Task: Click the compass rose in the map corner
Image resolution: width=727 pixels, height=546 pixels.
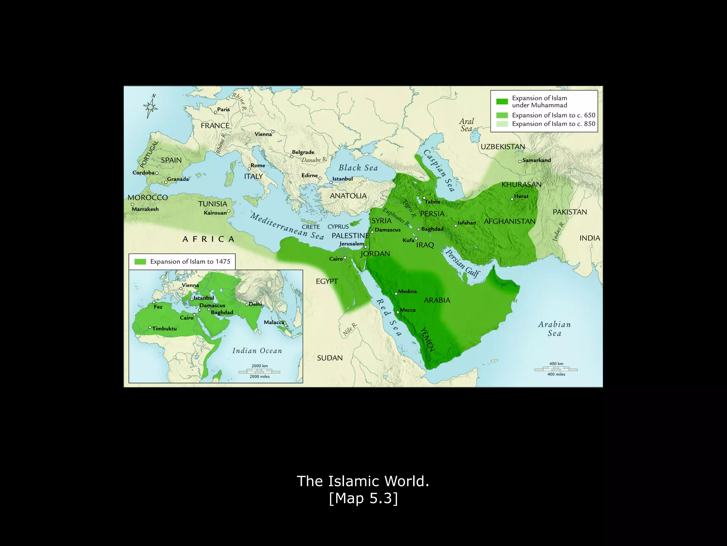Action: click(x=151, y=106)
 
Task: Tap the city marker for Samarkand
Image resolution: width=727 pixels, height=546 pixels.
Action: click(x=520, y=161)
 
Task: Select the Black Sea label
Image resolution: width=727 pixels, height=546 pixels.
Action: click(x=358, y=168)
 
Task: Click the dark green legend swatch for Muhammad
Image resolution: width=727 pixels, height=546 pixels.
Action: click(x=502, y=102)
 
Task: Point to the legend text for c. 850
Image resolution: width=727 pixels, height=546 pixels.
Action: click(x=553, y=124)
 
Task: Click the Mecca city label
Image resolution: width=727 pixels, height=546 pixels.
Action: click(x=408, y=310)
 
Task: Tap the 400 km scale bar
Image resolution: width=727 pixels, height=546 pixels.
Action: click(x=556, y=369)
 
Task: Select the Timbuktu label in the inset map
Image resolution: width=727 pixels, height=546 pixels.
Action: click(x=164, y=328)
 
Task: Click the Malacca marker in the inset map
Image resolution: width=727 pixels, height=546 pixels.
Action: click(x=285, y=325)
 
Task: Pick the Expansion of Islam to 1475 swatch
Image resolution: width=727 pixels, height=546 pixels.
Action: click(x=140, y=262)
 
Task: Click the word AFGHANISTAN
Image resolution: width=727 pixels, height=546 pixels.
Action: click(x=509, y=221)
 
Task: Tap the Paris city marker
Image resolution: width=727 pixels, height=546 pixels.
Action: click(x=215, y=112)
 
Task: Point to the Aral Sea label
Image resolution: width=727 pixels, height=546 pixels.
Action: click(x=466, y=125)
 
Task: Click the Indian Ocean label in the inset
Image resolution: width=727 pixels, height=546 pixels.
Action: click(x=257, y=351)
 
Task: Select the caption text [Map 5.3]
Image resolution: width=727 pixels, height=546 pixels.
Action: click(x=363, y=498)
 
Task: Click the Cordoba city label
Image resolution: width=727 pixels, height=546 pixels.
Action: click(x=143, y=173)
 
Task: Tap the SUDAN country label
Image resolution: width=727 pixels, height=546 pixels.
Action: click(x=330, y=358)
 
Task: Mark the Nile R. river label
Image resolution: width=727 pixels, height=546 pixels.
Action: click(x=350, y=330)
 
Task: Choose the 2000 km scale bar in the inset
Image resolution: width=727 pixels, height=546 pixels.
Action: click(x=259, y=372)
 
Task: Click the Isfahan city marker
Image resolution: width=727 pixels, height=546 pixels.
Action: click(x=456, y=226)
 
